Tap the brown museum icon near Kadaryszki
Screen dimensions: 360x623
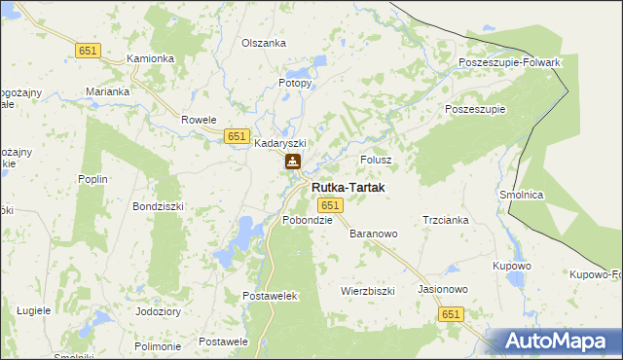292,162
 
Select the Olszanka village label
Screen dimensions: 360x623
264,44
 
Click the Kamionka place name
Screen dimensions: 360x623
151,58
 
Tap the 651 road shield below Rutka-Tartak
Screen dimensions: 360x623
330,205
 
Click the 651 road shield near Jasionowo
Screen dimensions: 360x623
450,314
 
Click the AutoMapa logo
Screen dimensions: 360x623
554,342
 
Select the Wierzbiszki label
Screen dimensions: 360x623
367,291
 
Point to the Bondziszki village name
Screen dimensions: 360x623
158,207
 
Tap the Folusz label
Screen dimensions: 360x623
376,160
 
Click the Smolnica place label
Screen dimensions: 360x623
521,195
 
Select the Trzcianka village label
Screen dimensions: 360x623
446,220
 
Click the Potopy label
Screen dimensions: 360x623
296,84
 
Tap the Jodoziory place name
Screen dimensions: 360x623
159,312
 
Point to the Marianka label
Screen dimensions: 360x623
107,91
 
